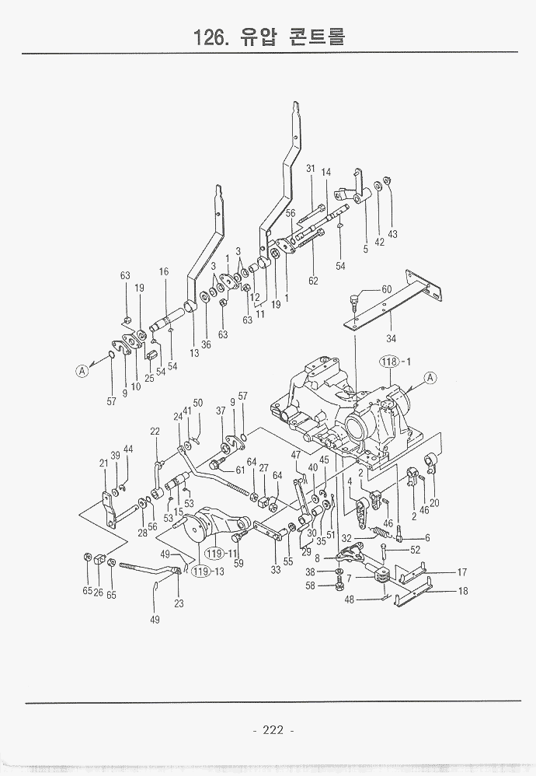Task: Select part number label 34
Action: point(391,338)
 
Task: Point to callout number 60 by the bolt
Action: point(387,289)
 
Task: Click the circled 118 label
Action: point(388,361)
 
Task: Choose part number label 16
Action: point(164,271)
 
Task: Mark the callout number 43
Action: point(392,234)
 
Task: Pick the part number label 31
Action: point(309,169)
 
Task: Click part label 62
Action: point(313,281)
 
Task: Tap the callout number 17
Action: point(461,572)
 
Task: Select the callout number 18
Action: point(461,592)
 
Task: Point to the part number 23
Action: point(180,603)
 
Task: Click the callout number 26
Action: point(99,592)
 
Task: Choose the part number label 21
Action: point(103,463)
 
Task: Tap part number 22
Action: point(155,432)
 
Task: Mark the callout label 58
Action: point(311,585)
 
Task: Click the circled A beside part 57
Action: point(82,370)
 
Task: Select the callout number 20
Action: point(434,503)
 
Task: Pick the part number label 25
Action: point(148,378)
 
